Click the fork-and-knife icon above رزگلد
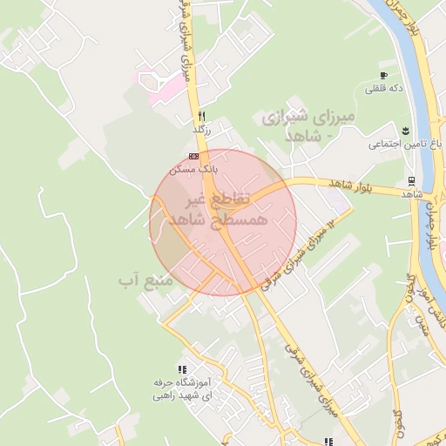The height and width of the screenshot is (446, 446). click(201, 116)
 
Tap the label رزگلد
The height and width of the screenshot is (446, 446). click(202, 129)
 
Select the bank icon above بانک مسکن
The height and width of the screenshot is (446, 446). click(193, 156)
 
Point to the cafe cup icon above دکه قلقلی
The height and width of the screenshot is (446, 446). click(382, 76)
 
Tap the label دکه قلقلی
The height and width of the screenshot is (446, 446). click(382, 88)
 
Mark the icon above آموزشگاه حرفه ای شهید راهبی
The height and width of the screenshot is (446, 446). click(182, 369)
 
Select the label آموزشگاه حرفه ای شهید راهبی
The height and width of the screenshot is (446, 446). click(182, 389)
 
